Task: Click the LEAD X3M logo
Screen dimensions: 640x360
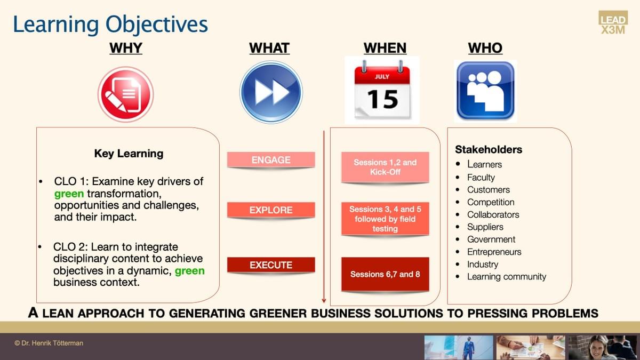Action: click(x=613, y=23)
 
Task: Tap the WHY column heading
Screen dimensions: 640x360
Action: click(x=126, y=48)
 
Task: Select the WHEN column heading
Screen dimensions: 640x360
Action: click(x=385, y=48)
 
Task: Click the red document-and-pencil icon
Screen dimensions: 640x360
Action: click(x=126, y=94)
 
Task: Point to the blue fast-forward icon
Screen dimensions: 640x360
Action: click(x=271, y=92)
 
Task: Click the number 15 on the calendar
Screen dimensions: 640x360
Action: click(x=382, y=99)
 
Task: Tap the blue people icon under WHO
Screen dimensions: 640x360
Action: click(x=485, y=91)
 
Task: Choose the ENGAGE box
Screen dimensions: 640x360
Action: click(x=271, y=159)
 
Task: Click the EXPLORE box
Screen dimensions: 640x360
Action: click(x=271, y=210)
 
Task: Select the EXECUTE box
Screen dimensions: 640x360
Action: click(x=271, y=265)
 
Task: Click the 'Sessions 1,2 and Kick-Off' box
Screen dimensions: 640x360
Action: click(x=385, y=167)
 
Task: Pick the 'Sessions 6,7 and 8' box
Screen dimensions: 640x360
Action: click(x=385, y=274)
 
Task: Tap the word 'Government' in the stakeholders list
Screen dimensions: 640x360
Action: click(x=491, y=239)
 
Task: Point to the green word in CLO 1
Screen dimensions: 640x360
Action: click(x=69, y=194)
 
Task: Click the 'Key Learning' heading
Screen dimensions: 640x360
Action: click(x=129, y=154)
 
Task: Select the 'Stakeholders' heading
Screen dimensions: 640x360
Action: click(x=489, y=149)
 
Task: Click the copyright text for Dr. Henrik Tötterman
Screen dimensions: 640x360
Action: click(x=49, y=343)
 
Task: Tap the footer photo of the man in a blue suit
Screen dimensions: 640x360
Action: click(x=459, y=348)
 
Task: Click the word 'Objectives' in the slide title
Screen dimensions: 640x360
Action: click(x=157, y=25)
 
